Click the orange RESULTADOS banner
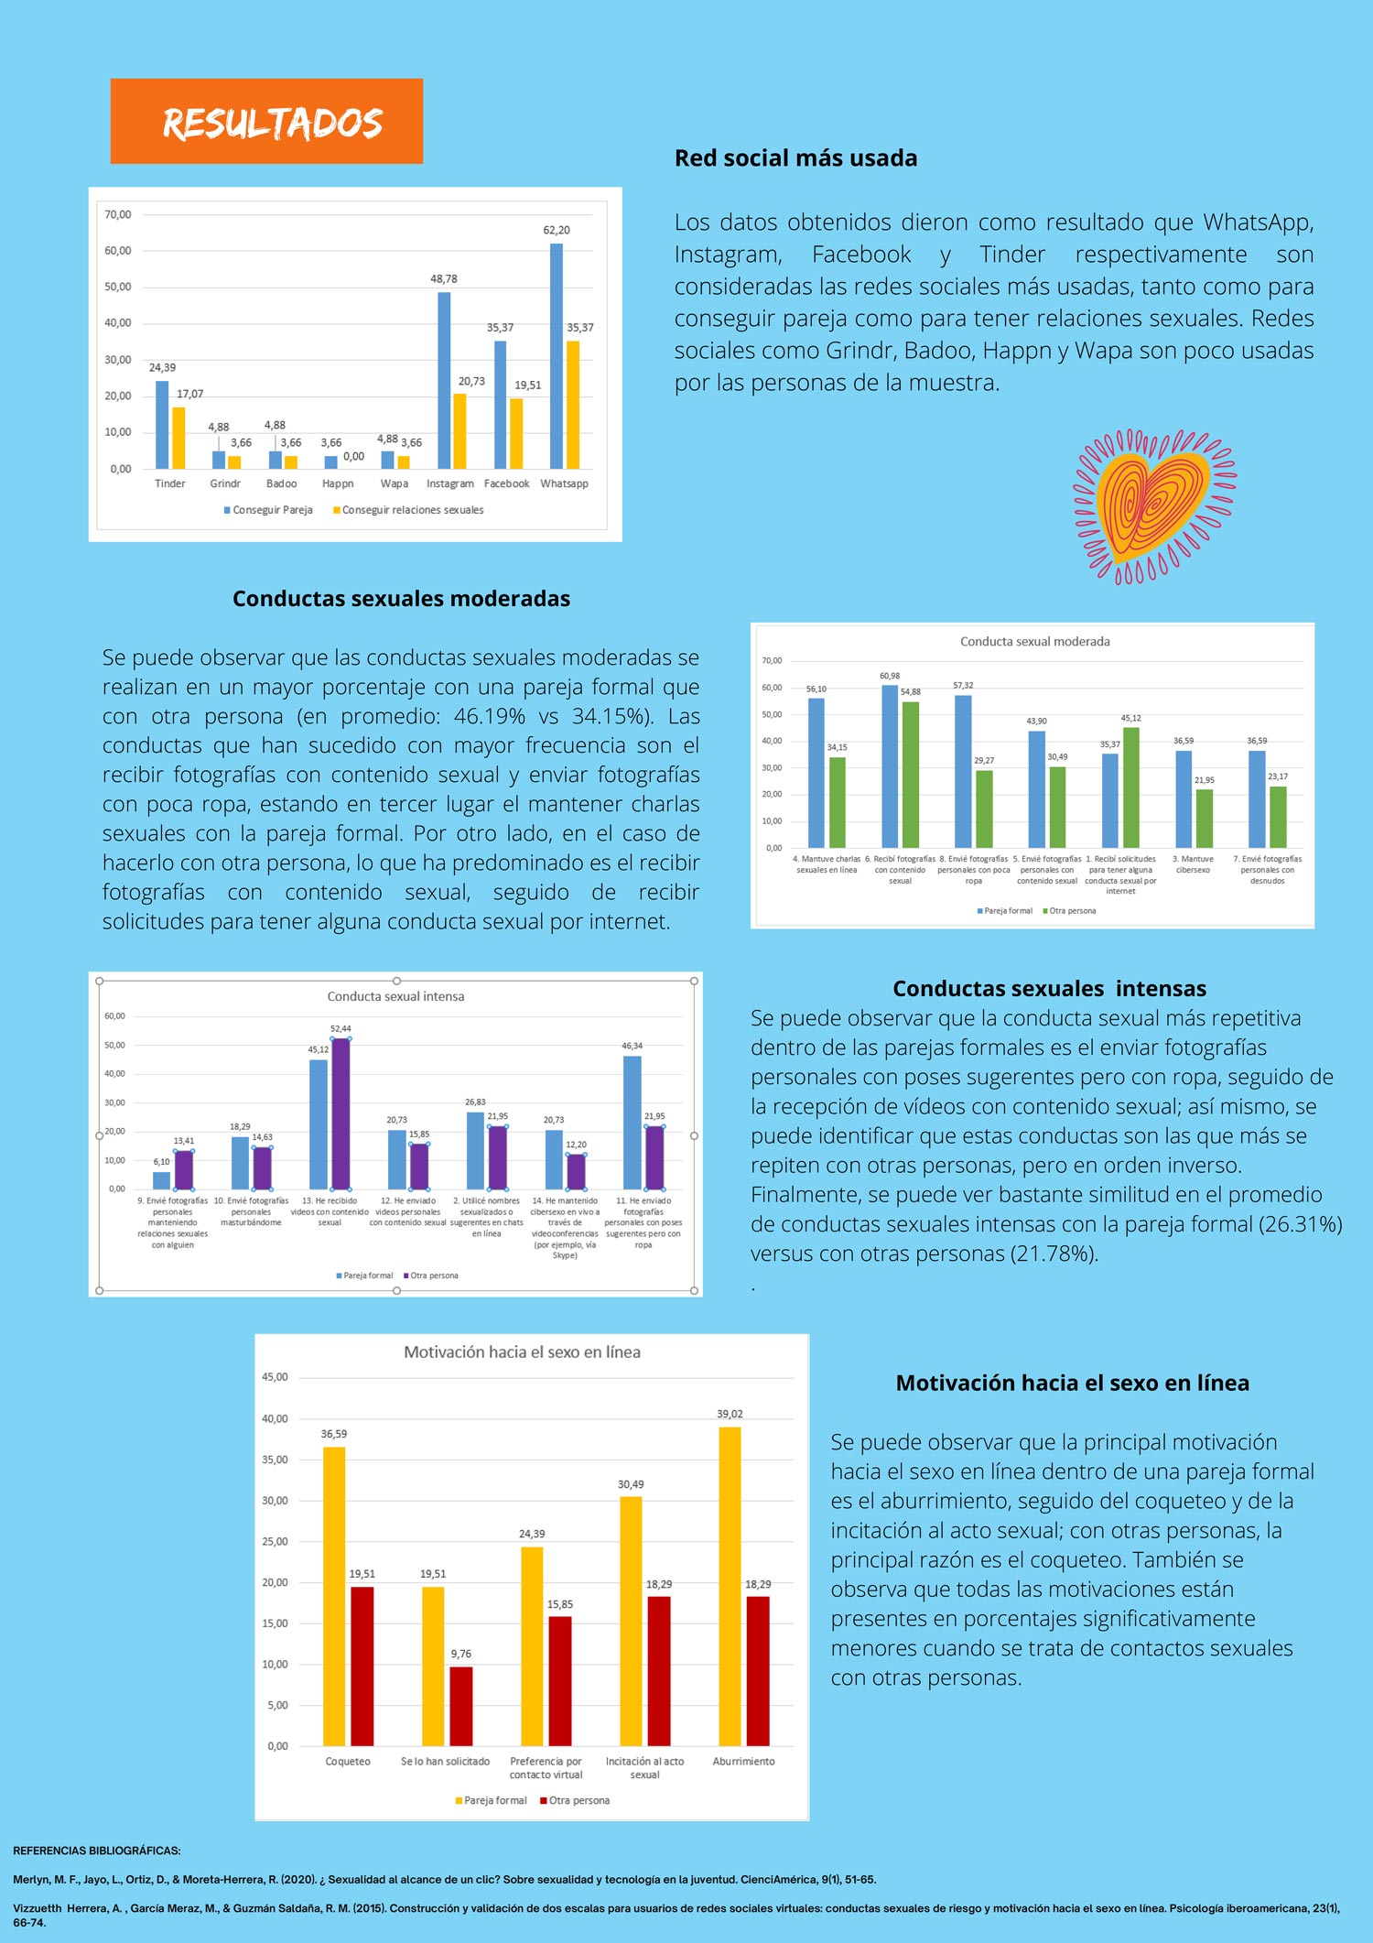coord(266,122)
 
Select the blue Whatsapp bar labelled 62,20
coord(557,357)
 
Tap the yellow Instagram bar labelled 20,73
coord(459,431)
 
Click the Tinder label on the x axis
coord(170,483)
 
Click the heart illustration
coord(1154,505)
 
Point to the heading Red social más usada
coord(795,158)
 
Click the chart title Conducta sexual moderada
coord(1034,642)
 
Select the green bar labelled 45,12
coord(1130,787)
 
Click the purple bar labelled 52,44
coord(341,1113)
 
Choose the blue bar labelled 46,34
coord(632,1123)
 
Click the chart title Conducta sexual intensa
coord(395,996)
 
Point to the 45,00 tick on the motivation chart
coord(275,1377)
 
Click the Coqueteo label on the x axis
coord(348,1762)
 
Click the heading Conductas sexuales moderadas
coord(401,599)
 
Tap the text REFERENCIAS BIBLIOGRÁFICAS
coord(97,1851)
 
